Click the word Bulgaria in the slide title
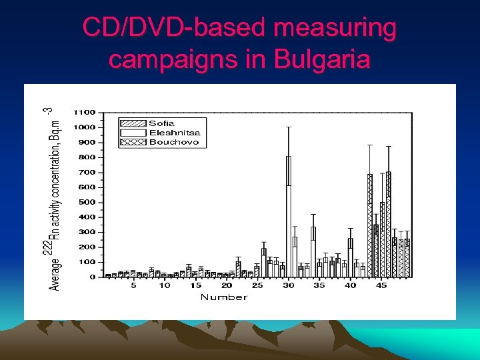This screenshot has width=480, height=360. coord(322,59)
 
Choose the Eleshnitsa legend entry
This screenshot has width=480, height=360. coord(174,133)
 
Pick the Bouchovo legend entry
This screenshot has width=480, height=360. coord(174,142)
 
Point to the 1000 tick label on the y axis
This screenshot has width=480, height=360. coord(84,127)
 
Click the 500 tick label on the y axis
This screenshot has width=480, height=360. coord(87,202)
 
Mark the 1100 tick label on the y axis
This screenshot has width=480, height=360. coord(84,112)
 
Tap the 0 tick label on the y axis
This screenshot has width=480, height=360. coord(93,277)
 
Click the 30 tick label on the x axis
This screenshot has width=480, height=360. coord(288,286)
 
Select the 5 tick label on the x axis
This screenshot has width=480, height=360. coord(133,286)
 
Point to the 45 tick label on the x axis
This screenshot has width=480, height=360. coord(381,286)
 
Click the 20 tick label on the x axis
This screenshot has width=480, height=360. coord(226,286)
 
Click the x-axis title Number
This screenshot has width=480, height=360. coord(223,297)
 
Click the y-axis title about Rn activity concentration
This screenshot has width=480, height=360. coord(56,200)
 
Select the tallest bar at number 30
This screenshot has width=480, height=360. coord(288,217)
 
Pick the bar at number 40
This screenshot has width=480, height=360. coord(350,257)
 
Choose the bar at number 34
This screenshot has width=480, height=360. coord(313,252)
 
